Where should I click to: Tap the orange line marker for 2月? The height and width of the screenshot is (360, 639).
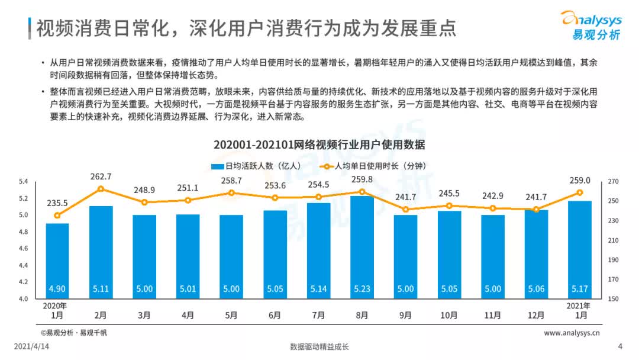[101, 189]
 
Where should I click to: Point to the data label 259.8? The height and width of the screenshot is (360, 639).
[362, 179]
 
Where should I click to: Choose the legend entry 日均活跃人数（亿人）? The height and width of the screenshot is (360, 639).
[257, 166]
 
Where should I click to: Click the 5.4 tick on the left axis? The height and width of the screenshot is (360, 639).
[24, 181]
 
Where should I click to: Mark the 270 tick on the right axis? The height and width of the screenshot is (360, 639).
[613, 181]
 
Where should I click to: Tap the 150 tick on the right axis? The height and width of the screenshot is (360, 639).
[613, 299]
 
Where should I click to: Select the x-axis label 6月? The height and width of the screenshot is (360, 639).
[275, 316]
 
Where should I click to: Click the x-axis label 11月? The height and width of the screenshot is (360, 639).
[492, 316]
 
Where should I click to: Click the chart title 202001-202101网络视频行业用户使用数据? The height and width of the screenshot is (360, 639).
[319, 145]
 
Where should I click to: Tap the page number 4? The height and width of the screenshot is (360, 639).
[620, 347]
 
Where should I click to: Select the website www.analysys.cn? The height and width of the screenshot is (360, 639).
[572, 333]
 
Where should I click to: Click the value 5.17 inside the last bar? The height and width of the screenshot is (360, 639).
[579, 290]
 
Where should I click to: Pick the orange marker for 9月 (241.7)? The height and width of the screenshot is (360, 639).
[405, 210]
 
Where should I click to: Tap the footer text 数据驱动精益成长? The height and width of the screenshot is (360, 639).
[319, 347]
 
